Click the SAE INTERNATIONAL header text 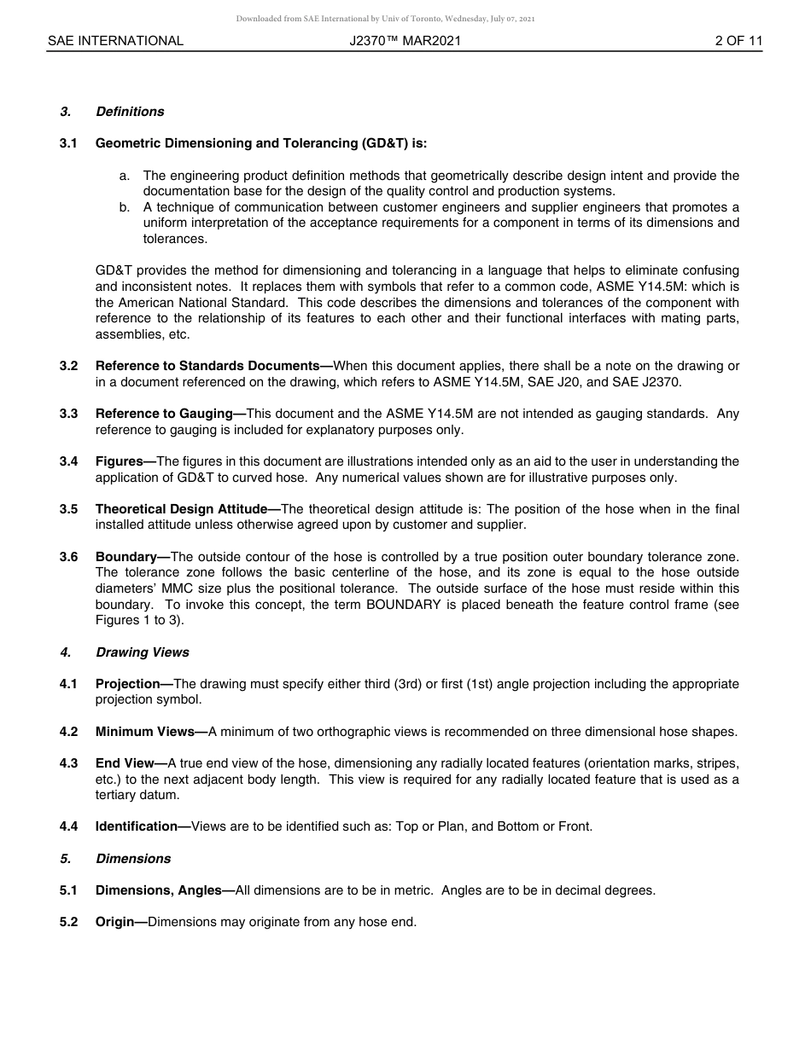click(x=115, y=41)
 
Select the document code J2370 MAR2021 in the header click(x=405, y=41)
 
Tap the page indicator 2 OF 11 click(x=738, y=41)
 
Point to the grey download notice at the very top click(x=386, y=19)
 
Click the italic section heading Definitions click(x=130, y=112)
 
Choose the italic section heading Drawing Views click(x=143, y=652)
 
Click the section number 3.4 click(x=68, y=461)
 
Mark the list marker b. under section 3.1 click(x=125, y=207)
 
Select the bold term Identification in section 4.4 click(x=139, y=826)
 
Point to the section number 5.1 click(x=68, y=890)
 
